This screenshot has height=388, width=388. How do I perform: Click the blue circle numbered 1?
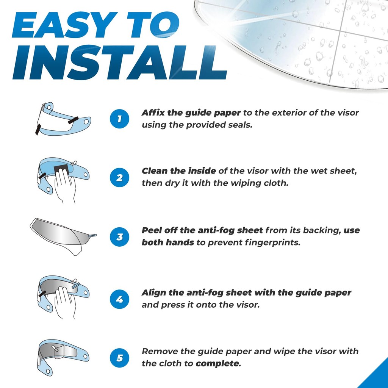pyautogui.click(x=119, y=119)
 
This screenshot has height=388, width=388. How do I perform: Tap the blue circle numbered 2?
pyautogui.click(x=119, y=178)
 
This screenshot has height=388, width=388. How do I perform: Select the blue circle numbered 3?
pyautogui.click(x=119, y=237)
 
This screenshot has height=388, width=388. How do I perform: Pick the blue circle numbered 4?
pyautogui.click(x=119, y=299)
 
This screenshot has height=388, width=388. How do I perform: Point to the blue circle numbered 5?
pyautogui.click(x=119, y=358)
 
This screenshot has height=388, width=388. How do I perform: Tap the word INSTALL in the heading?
pyautogui.click(x=120, y=63)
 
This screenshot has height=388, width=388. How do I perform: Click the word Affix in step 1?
pyautogui.click(x=153, y=113)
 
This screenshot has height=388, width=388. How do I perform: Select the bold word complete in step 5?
pyautogui.click(x=218, y=364)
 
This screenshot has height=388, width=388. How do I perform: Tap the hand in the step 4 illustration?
pyautogui.click(x=65, y=301)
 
